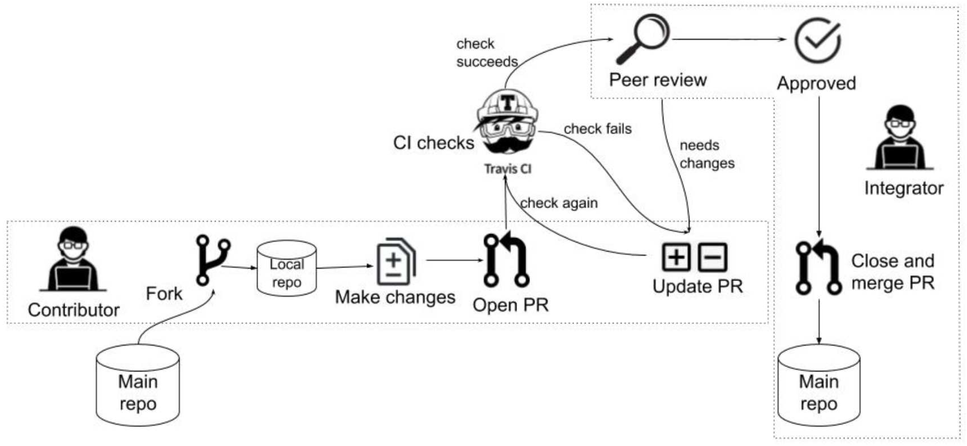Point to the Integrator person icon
point(900,139)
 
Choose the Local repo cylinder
point(286,269)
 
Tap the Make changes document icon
point(396,261)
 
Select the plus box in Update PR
point(676,257)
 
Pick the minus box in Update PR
point(712,257)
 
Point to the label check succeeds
point(486,53)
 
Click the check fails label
point(598,129)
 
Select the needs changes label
point(706,154)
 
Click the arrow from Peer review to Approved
point(728,39)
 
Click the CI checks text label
point(434,143)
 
